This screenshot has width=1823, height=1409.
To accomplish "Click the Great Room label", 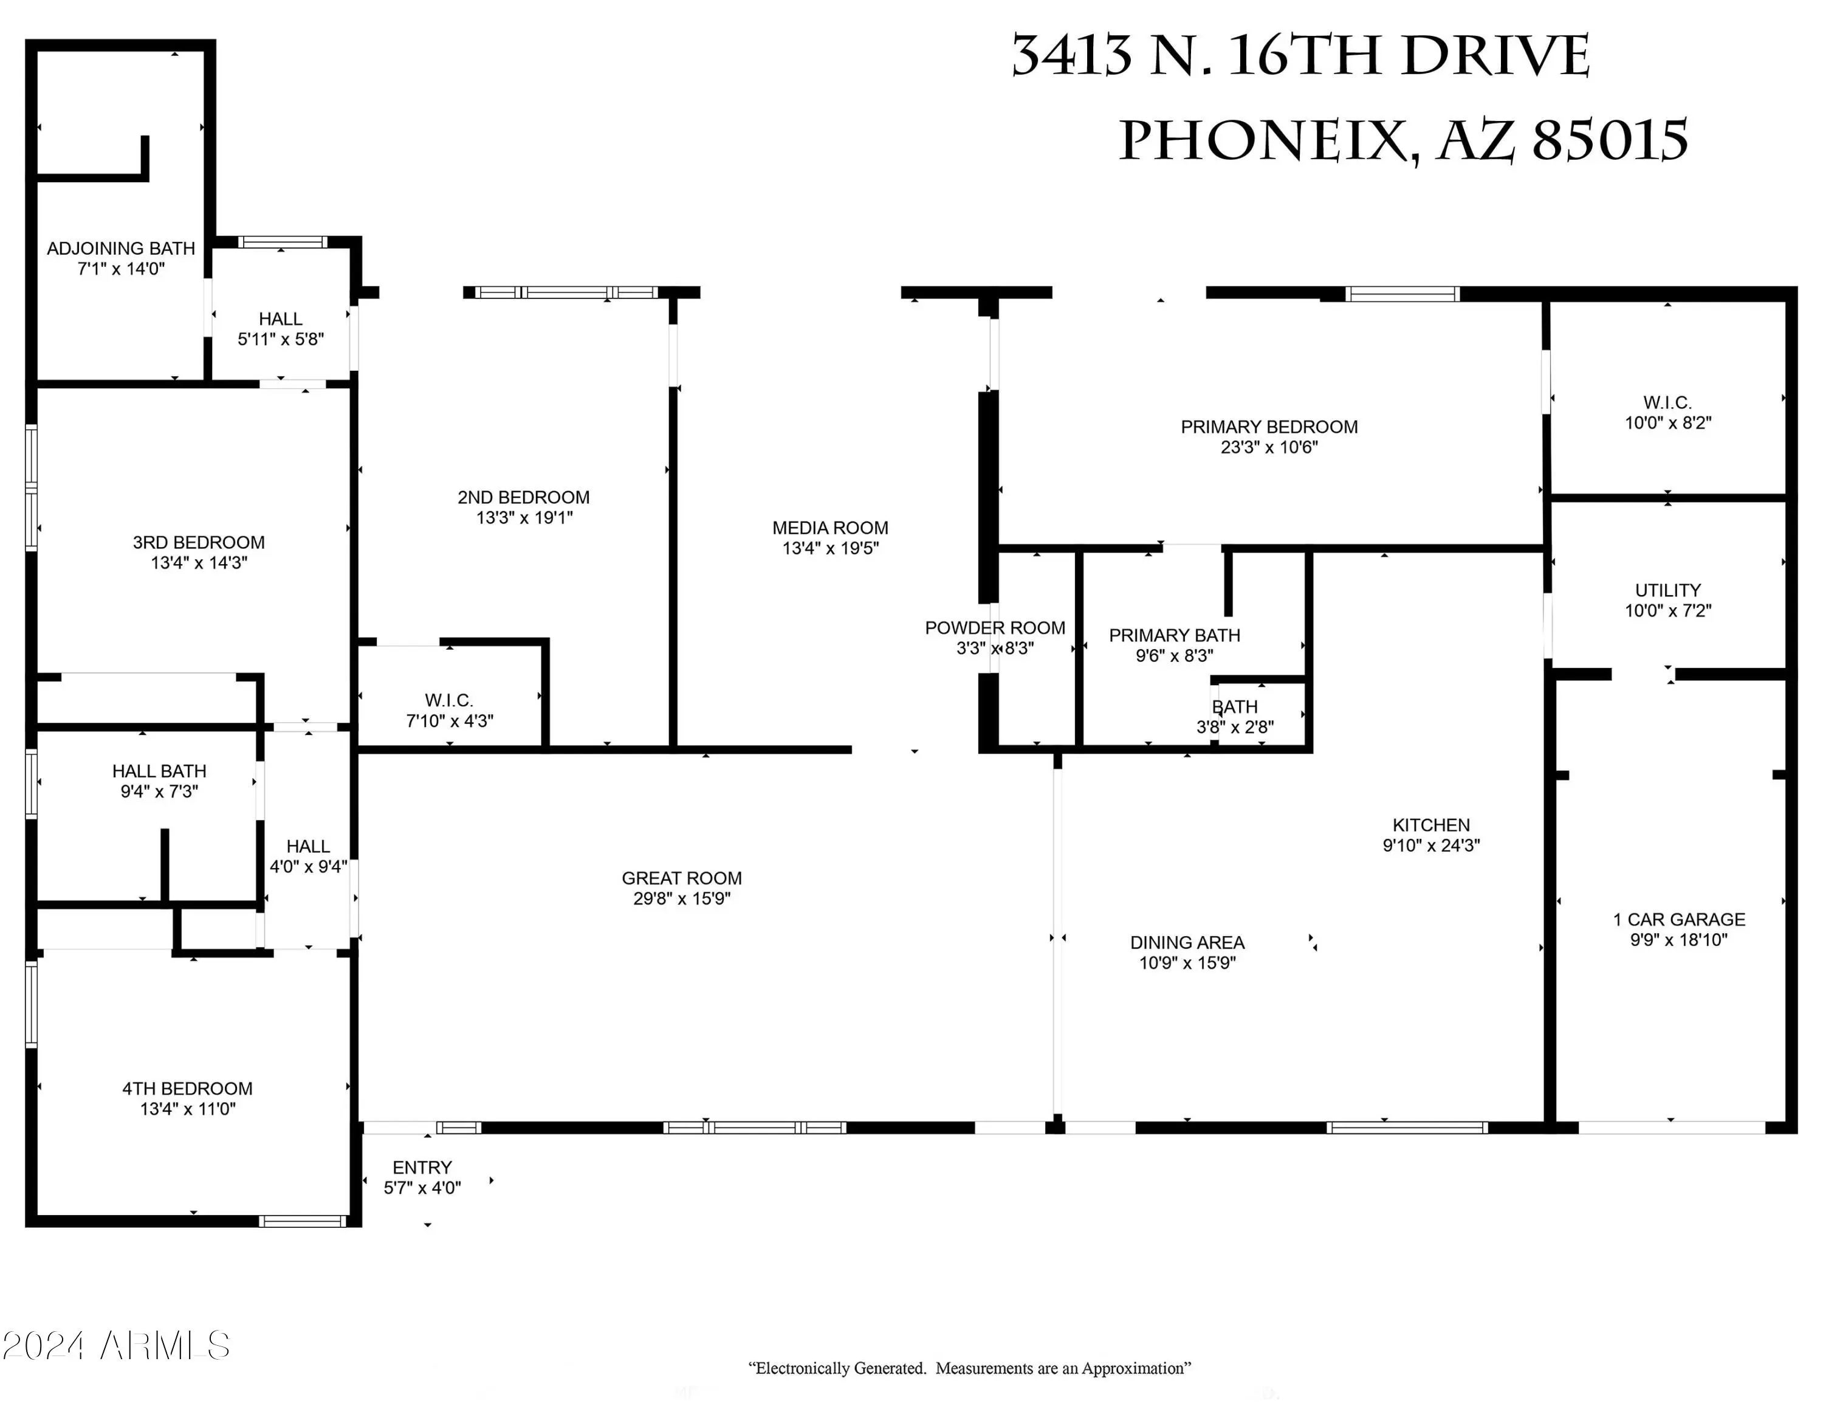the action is coord(681,878).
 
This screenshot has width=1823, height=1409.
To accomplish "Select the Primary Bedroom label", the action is coord(1269,427).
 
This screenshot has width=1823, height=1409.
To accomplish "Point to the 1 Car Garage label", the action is coord(1678,919).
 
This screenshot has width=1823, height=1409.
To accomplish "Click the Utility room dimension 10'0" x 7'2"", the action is coord(1668,610).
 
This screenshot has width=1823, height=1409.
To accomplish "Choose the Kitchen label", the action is coord(1430,825).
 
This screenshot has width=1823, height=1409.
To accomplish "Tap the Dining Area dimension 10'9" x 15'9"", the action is coord(1187,962).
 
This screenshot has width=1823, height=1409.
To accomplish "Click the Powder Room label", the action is coord(995,628).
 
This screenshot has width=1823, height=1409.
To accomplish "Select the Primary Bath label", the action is coord(1175,635).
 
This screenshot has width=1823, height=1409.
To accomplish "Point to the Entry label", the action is coord(422,1167).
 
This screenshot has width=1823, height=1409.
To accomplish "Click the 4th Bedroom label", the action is coord(187,1089).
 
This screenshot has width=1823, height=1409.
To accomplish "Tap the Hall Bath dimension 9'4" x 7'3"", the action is coord(159,791).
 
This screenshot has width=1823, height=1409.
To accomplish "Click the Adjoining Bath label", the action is coord(121,248).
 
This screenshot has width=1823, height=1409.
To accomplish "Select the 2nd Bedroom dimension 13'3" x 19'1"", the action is coord(524,517).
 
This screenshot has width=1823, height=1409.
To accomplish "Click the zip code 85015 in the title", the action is coord(1610,140).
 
